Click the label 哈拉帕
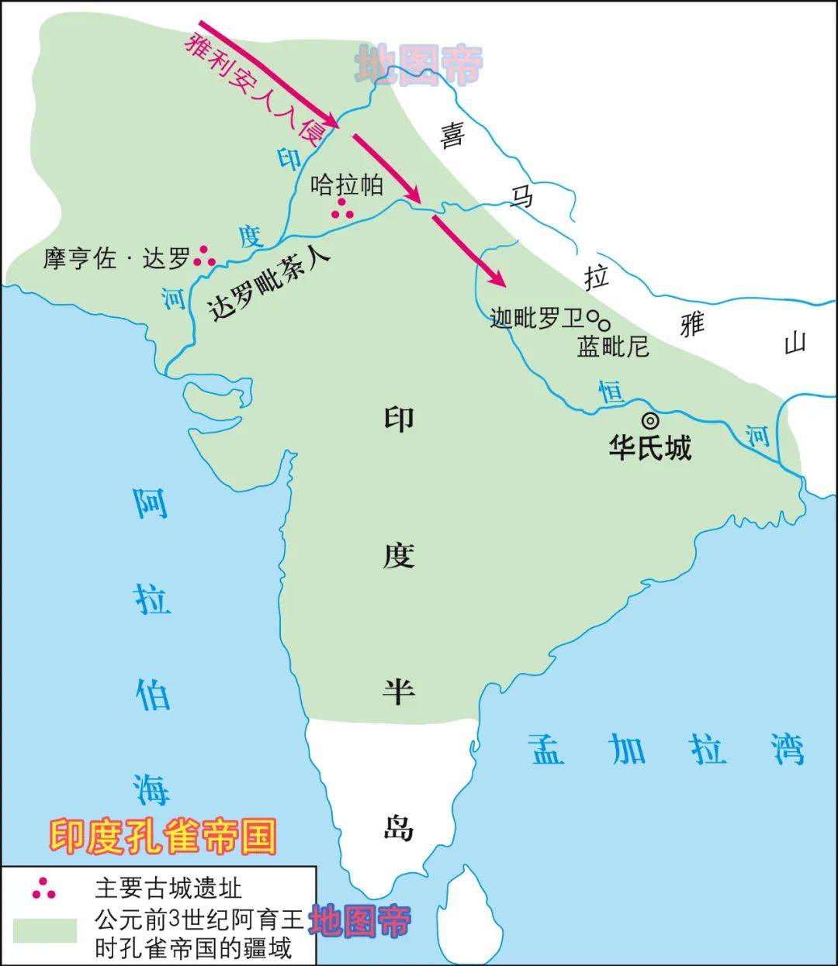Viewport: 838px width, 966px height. pos(347,185)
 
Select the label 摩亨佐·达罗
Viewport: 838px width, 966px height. pos(116,258)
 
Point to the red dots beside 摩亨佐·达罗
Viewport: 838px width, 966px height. pos(204,256)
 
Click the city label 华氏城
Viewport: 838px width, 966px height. pos(649,447)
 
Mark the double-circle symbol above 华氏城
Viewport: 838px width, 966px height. pos(649,420)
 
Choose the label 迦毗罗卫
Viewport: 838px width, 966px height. pos(536,317)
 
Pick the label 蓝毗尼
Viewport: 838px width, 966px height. pos(613,346)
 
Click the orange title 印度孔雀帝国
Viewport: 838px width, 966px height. pos(163,837)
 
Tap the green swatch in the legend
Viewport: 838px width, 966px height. pos(44,930)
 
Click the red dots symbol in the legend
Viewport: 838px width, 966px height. pos(44,889)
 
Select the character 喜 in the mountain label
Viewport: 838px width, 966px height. pos(452,136)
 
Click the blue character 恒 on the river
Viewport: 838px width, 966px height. pos(611,392)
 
